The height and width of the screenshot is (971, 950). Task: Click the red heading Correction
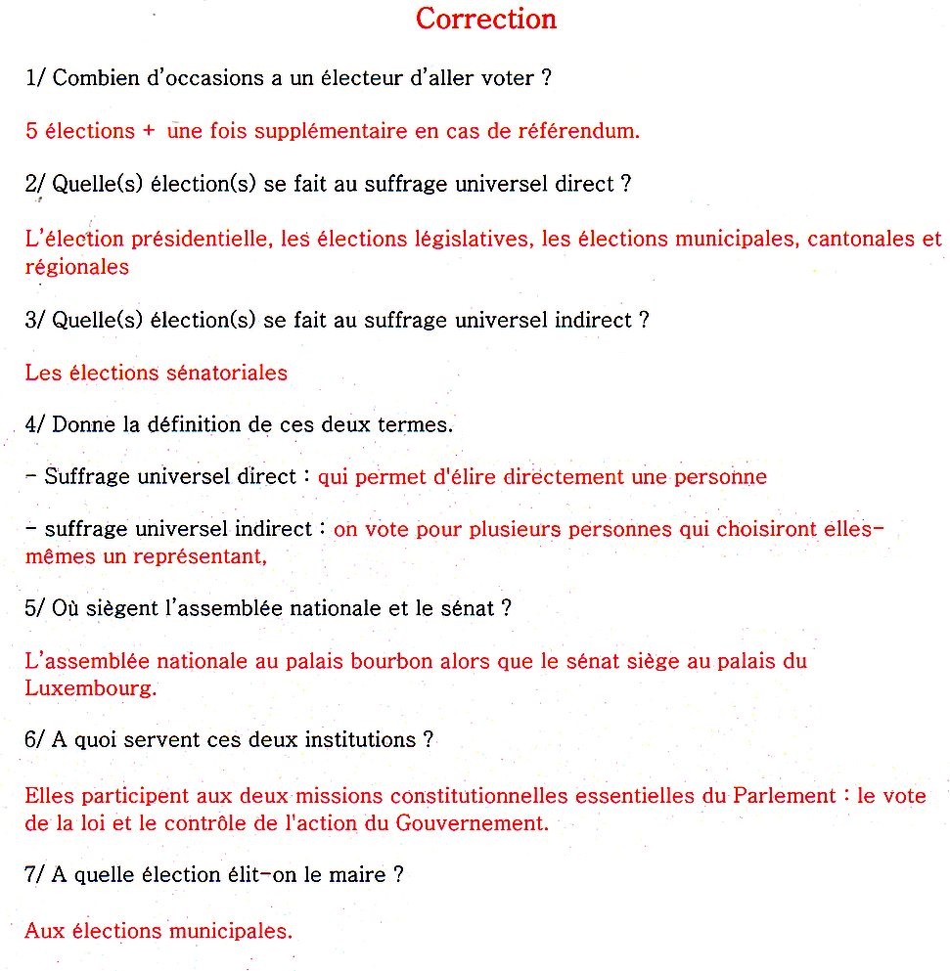[x=486, y=19]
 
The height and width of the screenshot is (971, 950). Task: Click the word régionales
[x=76, y=267]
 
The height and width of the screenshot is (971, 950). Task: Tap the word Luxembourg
[x=90, y=687]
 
